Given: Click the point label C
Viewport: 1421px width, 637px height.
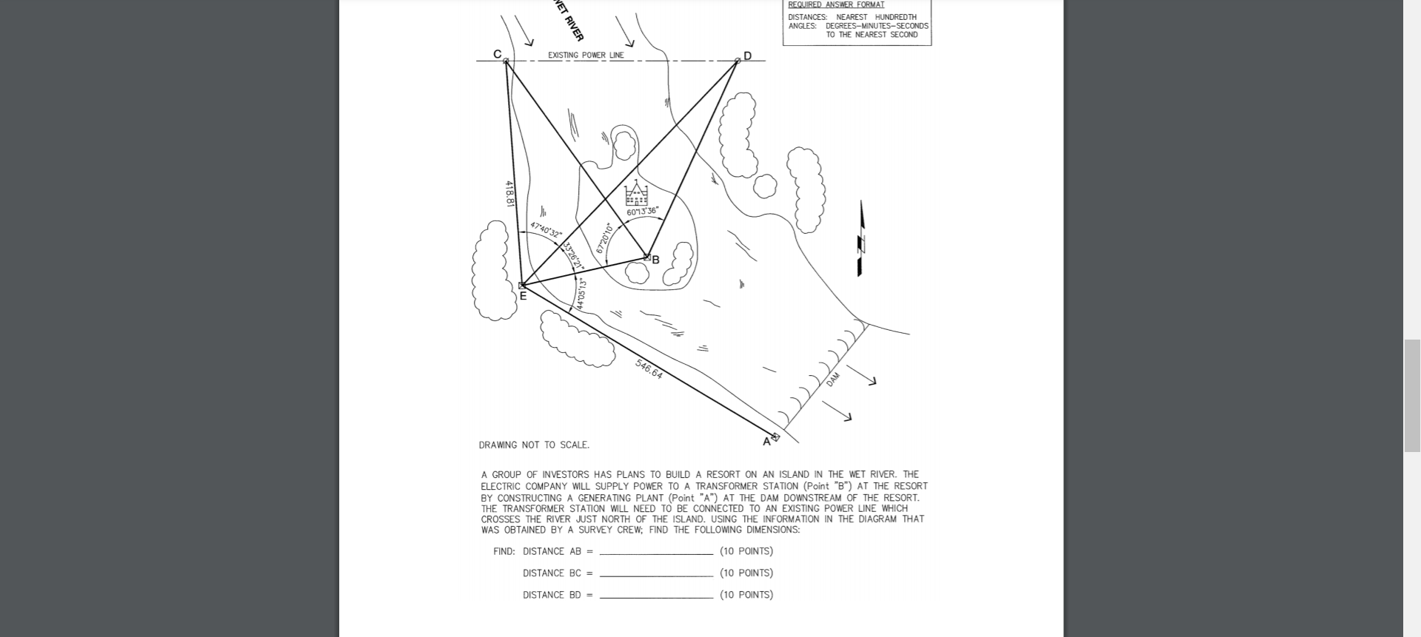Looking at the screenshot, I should pyautogui.click(x=498, y=54).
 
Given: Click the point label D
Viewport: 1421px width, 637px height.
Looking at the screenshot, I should pyautogui.click(x=747, y=56).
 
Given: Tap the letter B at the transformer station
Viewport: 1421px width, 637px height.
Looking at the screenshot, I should pyautogui.click(x=655, y=260).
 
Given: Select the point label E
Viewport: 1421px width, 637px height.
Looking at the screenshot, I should pyautogui.click(x=523, y=296).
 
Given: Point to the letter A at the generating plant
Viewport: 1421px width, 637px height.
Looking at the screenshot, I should pyautogui.click(x=766, y=442).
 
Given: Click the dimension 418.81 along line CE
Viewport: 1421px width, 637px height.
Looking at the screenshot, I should pyautogui.click(x=509, y=194).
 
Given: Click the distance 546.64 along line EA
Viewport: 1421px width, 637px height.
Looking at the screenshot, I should pyautogui.click(x=649, y=369).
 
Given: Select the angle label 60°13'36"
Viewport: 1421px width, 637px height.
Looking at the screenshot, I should pyautogui.click(x=642, y=212).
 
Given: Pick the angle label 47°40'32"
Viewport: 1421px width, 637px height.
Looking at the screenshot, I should pyautogui.click(x=546, y=229).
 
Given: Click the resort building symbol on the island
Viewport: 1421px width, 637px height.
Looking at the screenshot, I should pyautogui.click(x=636, y=194).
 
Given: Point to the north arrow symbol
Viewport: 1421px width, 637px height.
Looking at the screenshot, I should pyautogui.click(x=860, y=239).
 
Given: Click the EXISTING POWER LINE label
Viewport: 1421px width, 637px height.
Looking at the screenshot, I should pyautogui.click(x=586, y=55).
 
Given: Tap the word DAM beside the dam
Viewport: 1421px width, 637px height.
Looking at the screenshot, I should pyautogui.click(x=833, y=380).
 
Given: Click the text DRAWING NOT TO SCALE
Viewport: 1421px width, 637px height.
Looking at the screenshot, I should pyautogui.click(x=534, y=445).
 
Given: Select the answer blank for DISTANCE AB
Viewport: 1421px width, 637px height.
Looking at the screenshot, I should pyautogui.click(x=656, y=553).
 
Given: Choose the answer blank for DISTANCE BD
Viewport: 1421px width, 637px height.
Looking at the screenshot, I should pyautogui.click(x=656, y=596).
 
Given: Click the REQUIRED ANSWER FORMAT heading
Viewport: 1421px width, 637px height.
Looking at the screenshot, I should pyautogui.click(x=836, y=4).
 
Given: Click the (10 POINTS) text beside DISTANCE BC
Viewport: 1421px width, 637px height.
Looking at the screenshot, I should pyautogui.click(x=746, y=573).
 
